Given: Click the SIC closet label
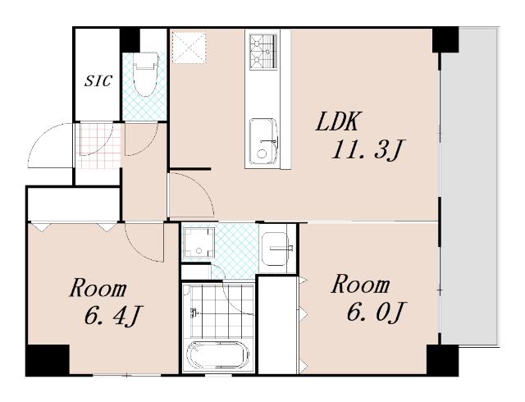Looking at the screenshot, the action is [98, 80].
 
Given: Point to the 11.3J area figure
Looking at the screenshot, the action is [366, 149].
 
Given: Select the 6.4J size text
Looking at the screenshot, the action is [112, 315].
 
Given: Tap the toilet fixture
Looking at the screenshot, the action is [145, 75].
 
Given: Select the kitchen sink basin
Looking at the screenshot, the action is [263, 141].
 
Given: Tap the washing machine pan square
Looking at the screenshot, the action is [199, 243].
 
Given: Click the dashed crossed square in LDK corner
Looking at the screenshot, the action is [189, 48].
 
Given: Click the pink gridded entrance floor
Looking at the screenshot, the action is [98, 146].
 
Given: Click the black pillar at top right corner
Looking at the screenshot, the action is [445, 39].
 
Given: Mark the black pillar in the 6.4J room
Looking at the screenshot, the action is [48, 360].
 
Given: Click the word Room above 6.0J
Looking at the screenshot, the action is [361, 285].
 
